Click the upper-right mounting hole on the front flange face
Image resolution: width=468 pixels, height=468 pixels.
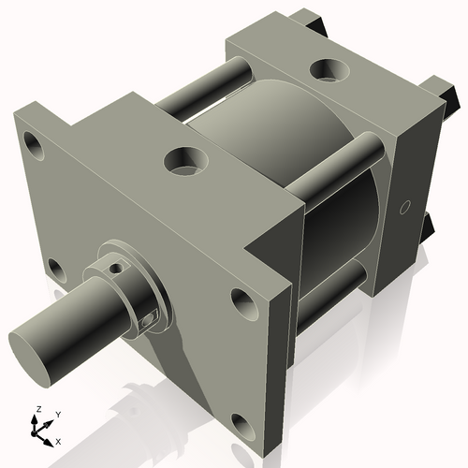click(x=241, y=301)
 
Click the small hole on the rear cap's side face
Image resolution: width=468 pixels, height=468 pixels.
click(x=405, y=207)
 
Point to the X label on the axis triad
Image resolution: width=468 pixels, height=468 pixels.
click(x=58, y=440)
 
